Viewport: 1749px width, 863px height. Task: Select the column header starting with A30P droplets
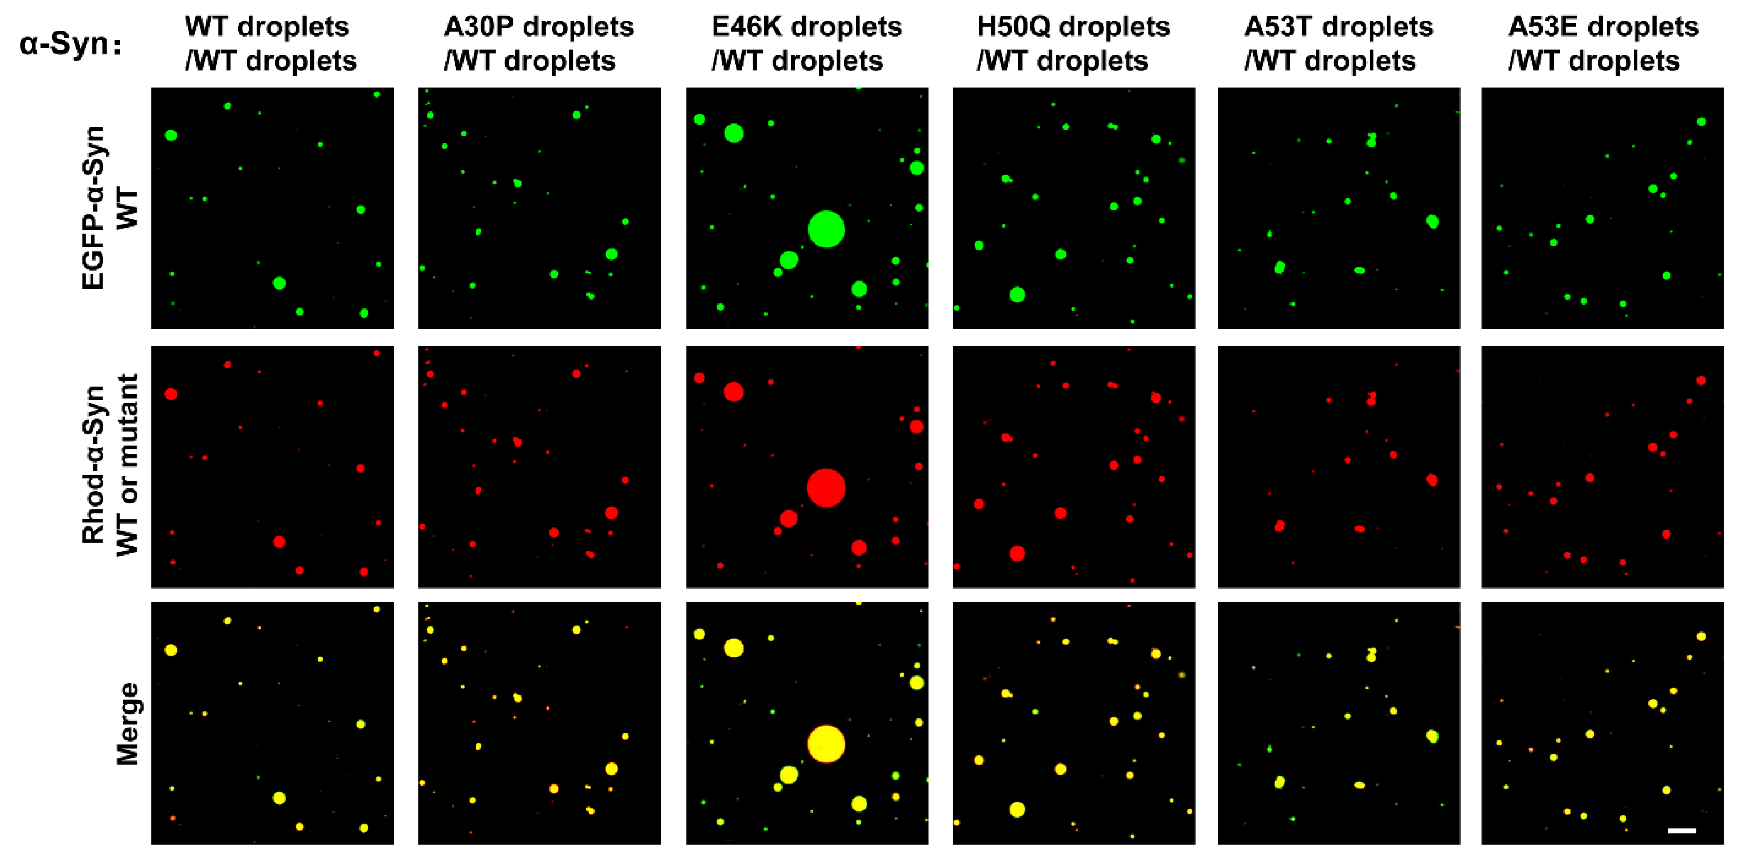click(538, 44)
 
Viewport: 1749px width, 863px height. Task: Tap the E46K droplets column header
click(806, 44)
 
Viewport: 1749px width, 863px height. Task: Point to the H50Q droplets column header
click(1073, 44)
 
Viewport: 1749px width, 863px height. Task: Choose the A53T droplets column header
click(1338, 44)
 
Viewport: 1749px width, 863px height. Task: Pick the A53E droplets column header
click(1603, 44)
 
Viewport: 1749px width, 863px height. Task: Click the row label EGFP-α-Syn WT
click(110, 208)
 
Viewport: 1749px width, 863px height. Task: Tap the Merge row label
click(128, 723)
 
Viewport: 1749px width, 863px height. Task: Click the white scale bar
click(1681, 830)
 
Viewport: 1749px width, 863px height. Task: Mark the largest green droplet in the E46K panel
click(826, 229)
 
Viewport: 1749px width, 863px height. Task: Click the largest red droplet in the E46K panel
click(826, 488)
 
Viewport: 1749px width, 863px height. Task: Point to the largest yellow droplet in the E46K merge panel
click(826, 744)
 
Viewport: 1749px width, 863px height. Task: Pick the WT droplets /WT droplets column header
click(270, 44)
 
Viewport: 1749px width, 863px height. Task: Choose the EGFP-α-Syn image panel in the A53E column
click(1603, 208)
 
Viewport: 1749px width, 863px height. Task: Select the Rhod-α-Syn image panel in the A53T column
click(1338, 467)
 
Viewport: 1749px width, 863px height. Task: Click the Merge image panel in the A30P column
click(539, 723)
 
